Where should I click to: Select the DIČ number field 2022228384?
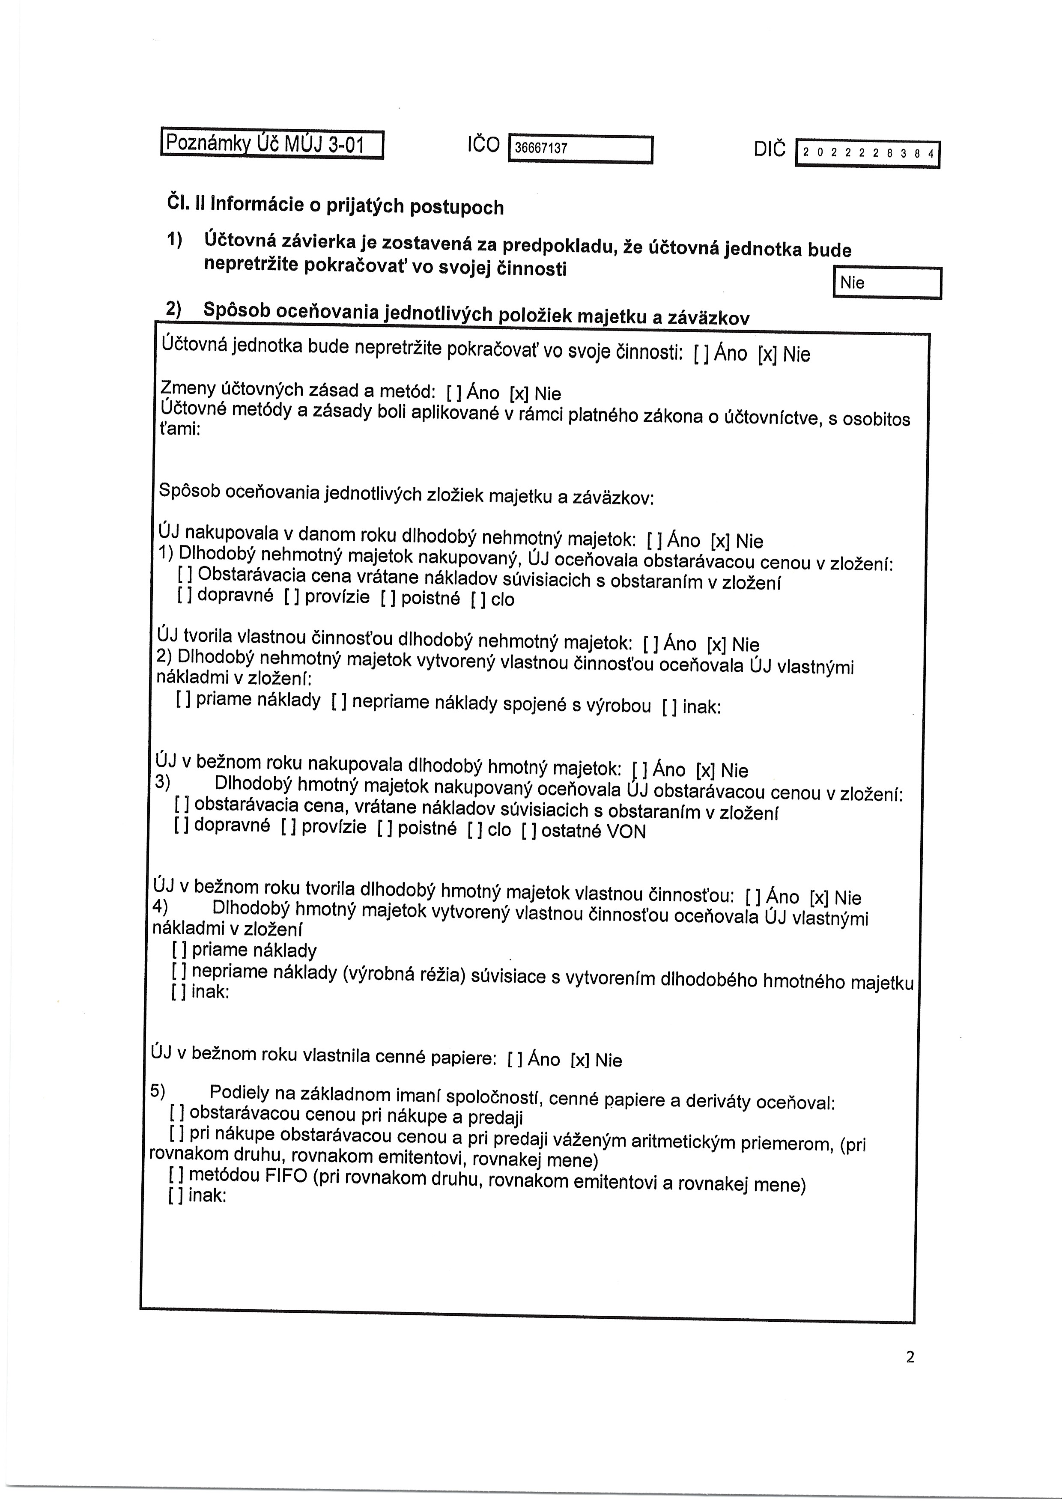click(867, 154)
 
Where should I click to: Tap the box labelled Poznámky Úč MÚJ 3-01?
click(271, 144)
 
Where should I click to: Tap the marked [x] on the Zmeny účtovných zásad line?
click(519, 393)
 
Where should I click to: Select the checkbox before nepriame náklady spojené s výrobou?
click(338, 702)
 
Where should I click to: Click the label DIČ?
click(770, 150)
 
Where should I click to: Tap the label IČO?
click(483, 145)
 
